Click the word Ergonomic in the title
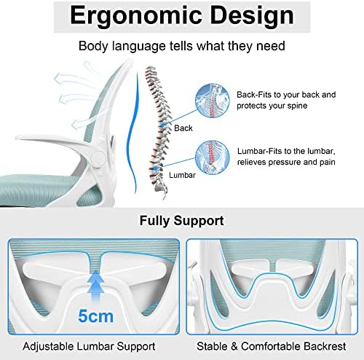(136, 16)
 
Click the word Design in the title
(252, 16)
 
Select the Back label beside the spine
(183, 128)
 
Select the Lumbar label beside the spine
(182, 175)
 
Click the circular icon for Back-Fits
(213, 101)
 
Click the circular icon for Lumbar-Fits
(213, 157)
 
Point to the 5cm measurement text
(95, 316)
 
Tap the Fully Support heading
(182, 221)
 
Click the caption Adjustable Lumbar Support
(89, 346)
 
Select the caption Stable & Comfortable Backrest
(272, 346)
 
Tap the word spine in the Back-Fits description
(297, 106)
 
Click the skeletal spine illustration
(158, 131)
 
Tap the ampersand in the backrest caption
(234, 346)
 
